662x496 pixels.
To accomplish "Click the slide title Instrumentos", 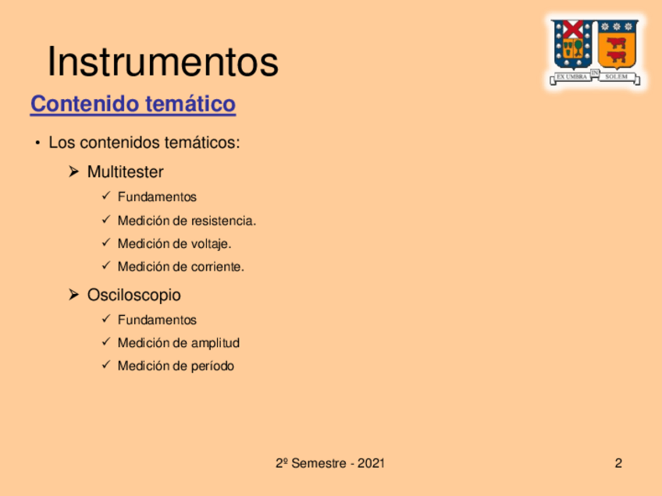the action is (163, 62).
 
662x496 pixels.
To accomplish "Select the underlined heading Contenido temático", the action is (133, 104).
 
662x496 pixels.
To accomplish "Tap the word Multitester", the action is (125, 172).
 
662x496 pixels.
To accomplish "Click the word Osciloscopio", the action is (133, 295).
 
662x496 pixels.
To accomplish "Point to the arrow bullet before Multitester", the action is (74, 172).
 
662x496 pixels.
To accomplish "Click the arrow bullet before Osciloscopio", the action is (74, 294).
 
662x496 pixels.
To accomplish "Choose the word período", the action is (212, 366).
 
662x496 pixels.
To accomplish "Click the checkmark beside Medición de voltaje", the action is (106, 243).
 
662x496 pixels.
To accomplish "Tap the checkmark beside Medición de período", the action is (106, 364).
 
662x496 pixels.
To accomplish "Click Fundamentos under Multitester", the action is (157, 197).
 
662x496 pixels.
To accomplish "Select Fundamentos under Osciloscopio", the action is (157, 320).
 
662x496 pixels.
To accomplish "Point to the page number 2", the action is (618, 463).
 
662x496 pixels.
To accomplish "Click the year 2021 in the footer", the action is (371, 463).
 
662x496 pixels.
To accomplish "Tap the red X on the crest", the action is (573, 29).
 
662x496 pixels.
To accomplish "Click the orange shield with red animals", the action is (617, 44).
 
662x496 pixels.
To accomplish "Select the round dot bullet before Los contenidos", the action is (38, 143).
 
